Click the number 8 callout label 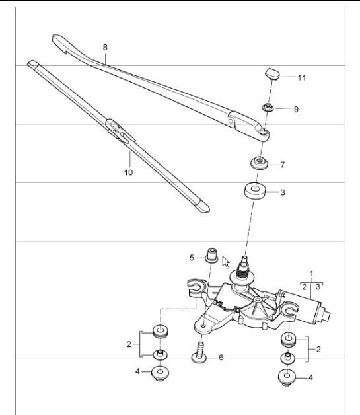[x=104, y=48]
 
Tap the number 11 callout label [x=301, y=78]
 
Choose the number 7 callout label [x=282, y=164]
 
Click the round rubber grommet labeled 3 [x=255, y=192]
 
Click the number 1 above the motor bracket [x=311, y=273]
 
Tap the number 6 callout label [x=221, y=357]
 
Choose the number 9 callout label [x=296, y=109]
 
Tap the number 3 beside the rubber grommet [x=282, y=193]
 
